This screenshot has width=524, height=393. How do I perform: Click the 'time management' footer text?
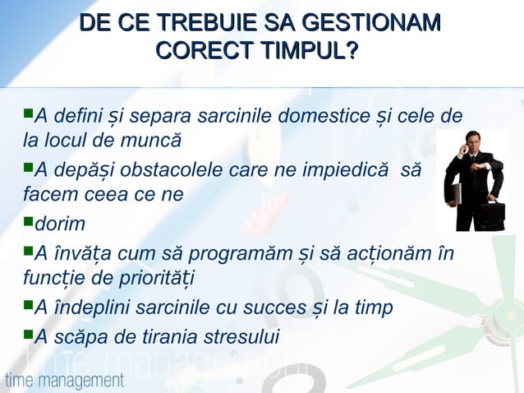(64, 380)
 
